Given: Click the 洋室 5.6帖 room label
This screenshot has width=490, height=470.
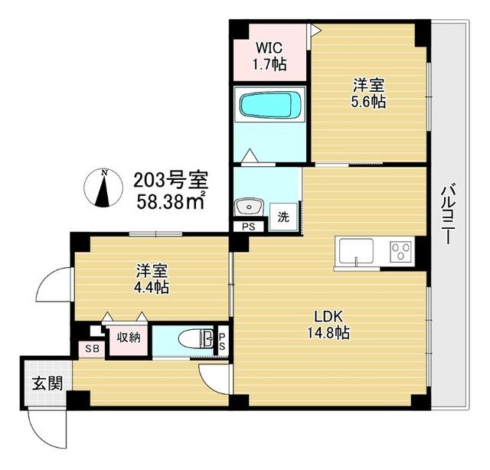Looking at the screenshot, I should click(368, 92).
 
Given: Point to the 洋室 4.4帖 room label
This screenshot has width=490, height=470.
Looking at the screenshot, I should click(152, 279).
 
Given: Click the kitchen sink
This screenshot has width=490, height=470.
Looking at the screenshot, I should click(355, 251).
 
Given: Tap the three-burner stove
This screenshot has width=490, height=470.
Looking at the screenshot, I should click(400, 250).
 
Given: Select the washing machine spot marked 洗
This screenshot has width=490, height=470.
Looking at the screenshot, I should click(283, 217).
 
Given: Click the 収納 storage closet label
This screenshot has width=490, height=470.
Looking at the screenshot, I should click(128, 337).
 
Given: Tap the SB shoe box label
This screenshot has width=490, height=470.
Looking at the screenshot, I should click(91, 348).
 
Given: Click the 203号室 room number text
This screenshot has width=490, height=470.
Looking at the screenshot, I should click(170, 181).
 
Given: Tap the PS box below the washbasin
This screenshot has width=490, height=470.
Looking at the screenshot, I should click(248, 227).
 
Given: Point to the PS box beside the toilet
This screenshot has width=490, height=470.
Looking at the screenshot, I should click(222, 340).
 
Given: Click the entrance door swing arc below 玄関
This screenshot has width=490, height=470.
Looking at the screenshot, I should click(47, 429).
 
